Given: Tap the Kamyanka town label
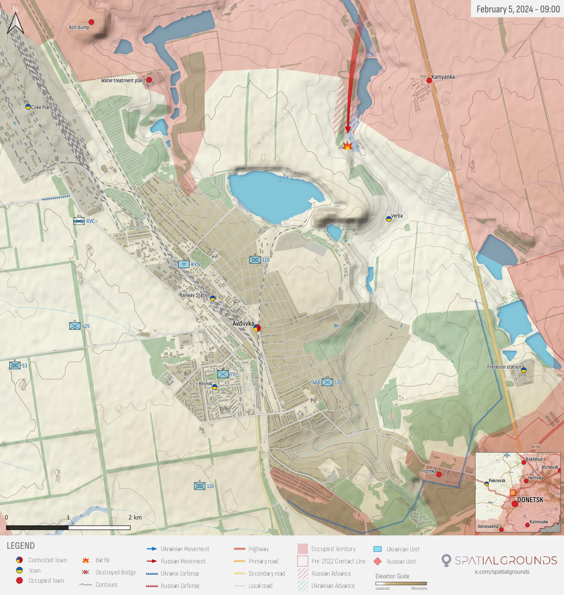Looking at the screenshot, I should [x=443, y=77].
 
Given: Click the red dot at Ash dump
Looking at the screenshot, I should [x=91, y=22].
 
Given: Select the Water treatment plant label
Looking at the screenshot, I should [x=123, y=80].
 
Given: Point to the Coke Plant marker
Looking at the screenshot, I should [x=28, y=107].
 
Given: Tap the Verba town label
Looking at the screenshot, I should [x=396, y=216].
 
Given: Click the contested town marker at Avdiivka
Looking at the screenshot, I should [x=257, y=328].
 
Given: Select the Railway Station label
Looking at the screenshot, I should [x=195, y=295].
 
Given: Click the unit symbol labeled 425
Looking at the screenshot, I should [x=75, y=326].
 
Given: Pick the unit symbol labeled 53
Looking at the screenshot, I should [x=15, y=366].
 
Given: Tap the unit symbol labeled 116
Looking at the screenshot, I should [x=200, y=486].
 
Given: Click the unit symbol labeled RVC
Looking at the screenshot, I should [x=79, y=221].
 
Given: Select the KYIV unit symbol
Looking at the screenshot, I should [x=184, y=264].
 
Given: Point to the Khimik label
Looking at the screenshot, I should [x=205, y=384].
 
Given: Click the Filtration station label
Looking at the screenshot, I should [x=504, y=367].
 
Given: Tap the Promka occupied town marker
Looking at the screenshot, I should [x=439, y=474].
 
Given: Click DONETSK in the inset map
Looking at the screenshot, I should [x=530, y=500].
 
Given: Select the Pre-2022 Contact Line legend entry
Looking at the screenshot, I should [x=338, y=561].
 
